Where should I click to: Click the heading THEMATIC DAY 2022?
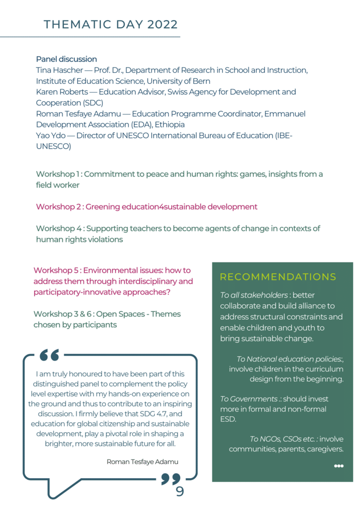111,24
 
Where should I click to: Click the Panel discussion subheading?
67,60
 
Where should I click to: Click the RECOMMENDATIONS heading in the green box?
278,277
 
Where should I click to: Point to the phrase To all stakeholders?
254,295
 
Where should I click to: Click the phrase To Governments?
248,399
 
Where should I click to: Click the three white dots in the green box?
338,466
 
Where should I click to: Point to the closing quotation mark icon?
171,479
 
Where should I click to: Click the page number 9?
180,491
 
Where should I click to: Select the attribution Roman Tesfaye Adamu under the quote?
142,462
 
